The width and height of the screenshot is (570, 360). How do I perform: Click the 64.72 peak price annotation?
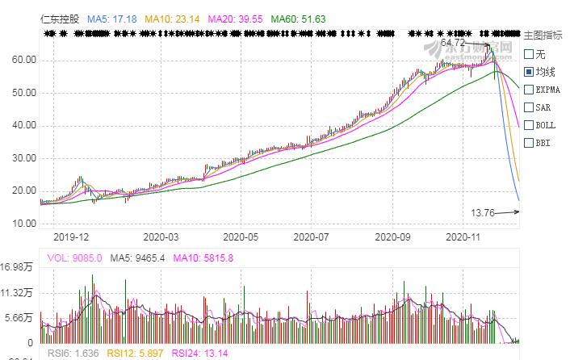(x=454, y=41)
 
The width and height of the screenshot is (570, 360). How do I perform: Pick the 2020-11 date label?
(x=463, y=237)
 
